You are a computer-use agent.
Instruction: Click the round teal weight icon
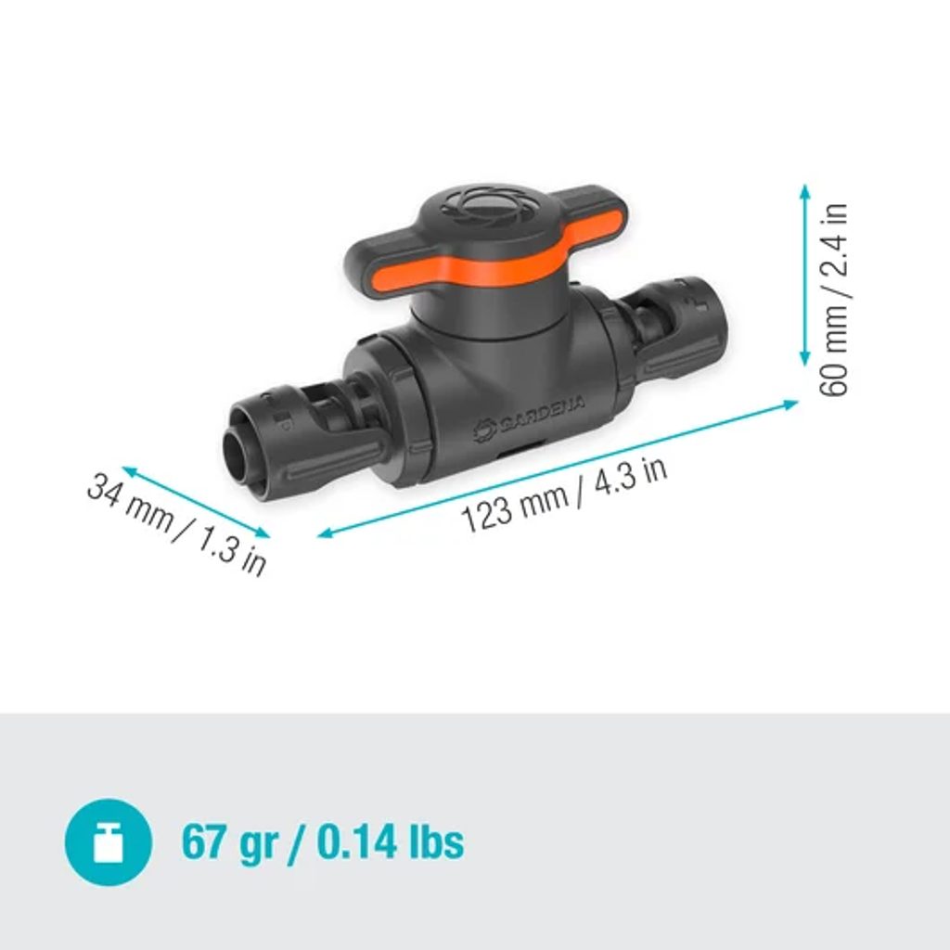click(109, 841)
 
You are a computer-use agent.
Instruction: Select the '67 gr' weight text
click(230, 842)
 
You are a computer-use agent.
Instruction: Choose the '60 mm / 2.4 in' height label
click(834, 300)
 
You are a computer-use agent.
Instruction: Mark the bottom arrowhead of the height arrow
click(804, 360)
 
